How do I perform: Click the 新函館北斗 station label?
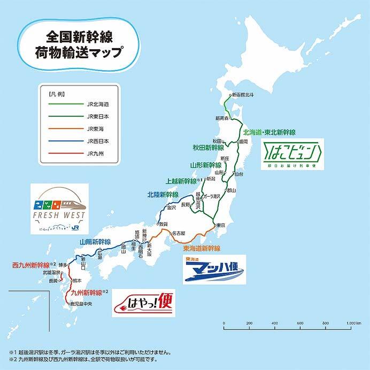[243, 95]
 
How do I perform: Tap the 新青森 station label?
[222, 118]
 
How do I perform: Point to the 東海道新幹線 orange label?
[201, 249]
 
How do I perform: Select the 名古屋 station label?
[178, 234]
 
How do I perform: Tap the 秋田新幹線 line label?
[207, 148]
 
